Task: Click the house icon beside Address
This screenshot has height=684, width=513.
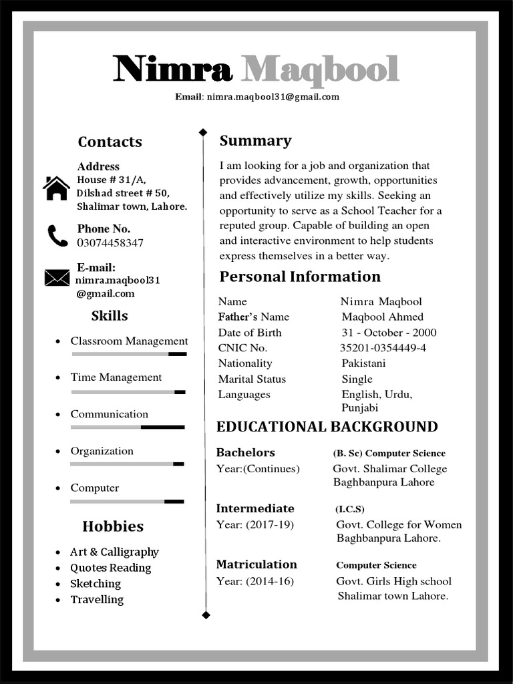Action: point(56,188)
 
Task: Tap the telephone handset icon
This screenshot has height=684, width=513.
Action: point(57,236)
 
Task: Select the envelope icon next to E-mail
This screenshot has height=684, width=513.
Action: point(57,277)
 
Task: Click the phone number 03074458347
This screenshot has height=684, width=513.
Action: point(110,243)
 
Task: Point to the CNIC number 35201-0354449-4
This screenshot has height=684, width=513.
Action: point(383,348)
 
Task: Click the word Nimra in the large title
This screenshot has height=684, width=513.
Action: point(173,69)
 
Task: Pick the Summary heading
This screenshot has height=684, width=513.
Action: point(255,141)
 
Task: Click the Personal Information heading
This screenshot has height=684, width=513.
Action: point(300,277)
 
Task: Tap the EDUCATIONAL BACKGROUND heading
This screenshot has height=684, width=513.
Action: point(327,427)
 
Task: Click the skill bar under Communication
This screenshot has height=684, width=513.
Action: point(128,427)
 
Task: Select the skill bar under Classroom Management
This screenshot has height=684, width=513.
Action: point(129,354)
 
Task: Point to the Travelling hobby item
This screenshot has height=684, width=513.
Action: point(97,600)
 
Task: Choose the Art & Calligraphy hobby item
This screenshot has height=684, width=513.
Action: point(114,552)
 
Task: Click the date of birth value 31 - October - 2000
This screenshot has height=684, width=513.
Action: point(389,333)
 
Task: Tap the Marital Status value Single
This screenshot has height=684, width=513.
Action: point(357,379)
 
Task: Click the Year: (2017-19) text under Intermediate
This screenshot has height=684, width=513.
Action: point(254,525)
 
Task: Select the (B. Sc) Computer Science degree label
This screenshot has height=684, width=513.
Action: point(389,454)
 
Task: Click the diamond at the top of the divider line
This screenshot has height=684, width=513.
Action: point(203,132)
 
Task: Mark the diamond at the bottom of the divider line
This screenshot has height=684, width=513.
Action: point(206,615)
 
